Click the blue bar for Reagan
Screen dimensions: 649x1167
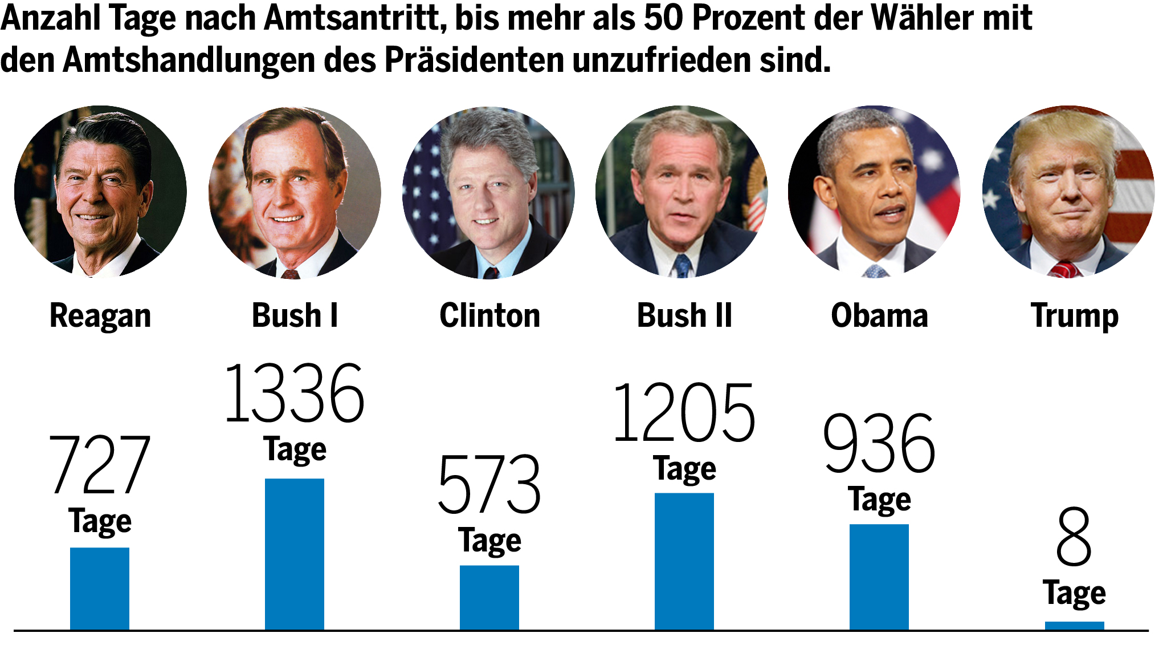100,589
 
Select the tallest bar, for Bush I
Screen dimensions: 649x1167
295,554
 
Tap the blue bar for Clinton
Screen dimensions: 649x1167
489,597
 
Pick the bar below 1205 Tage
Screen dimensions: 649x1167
684,561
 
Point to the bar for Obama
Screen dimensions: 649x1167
879,577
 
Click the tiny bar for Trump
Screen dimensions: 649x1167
1074,626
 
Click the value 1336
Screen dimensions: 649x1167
295,394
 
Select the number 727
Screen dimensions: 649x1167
100,465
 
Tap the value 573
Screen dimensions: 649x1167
489,485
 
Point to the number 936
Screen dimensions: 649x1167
879,444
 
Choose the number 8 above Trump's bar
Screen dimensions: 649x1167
1074,537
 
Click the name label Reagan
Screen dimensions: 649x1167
100,316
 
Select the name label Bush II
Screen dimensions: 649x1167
684,315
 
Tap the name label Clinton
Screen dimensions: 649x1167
489,315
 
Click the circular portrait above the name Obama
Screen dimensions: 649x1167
875,192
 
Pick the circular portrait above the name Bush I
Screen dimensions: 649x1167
295,192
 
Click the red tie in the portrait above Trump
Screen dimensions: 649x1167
1065,269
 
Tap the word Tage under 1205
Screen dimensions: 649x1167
684,469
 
